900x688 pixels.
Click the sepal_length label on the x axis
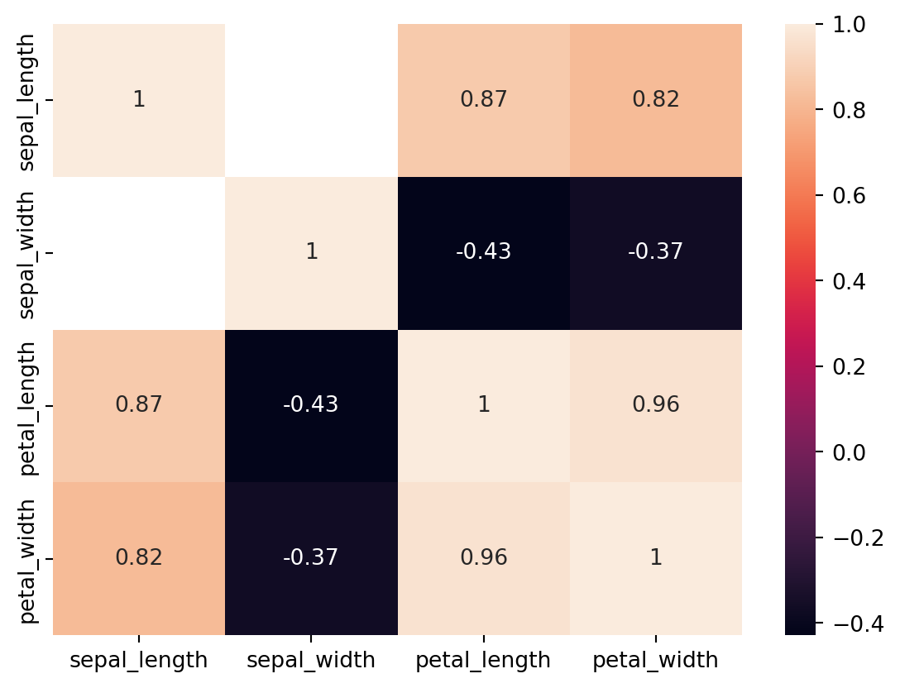[139, 660]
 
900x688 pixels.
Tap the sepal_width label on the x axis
[311, 660]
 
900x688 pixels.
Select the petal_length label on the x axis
[484, 660]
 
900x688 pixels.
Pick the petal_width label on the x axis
[656, 660]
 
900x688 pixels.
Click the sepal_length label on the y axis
[26, 101]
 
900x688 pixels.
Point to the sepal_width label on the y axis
[26, 254]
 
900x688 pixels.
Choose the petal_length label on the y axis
[26, 406]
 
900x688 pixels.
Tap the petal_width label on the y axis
[26, 559]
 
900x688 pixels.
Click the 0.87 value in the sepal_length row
[484, 100]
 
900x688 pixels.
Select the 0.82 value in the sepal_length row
[656, 100]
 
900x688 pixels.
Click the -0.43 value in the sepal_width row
[484, 252]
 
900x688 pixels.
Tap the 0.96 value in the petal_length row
[656, 405]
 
